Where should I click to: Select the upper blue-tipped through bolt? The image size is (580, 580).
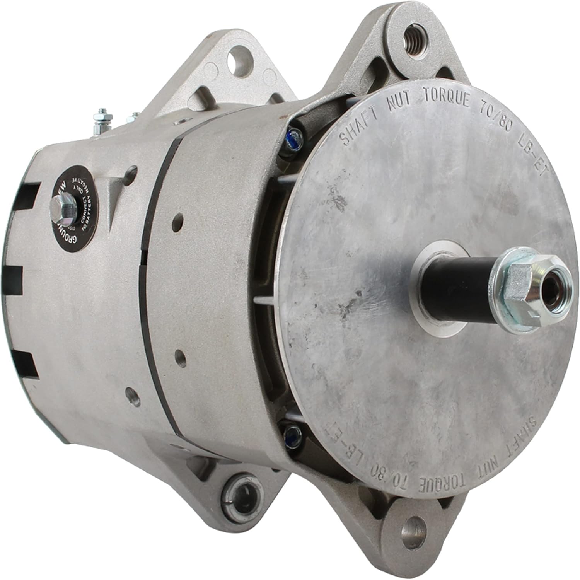coord(295,135)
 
